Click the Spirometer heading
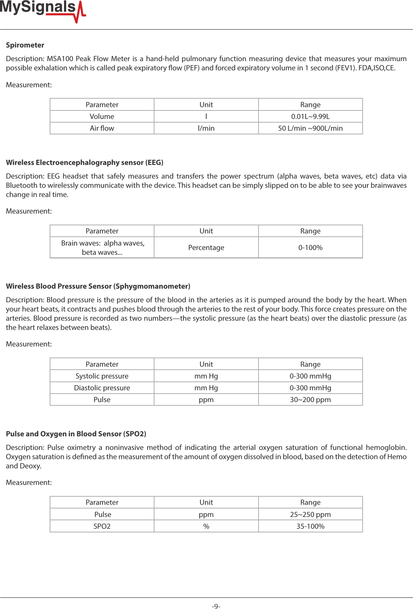[25, 45]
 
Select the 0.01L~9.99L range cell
[310, 116]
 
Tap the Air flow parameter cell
[102, 128]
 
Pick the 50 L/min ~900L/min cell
[310, 128]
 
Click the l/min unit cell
[206, 128]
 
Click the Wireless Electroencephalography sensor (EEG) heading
[85, 162]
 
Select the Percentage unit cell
[206, 247]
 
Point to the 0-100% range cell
[310, 247]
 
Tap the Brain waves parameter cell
[102, 247]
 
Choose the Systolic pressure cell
[102, 376]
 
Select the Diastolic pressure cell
[102, 388]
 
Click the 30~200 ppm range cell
[310, 399]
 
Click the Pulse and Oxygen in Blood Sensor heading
[76, 434]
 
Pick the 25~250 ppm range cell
[310, 514]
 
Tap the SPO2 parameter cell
[102, 526]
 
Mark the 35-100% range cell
[310, 526]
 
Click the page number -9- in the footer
[216, 606]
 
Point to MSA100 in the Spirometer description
[60, 59]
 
